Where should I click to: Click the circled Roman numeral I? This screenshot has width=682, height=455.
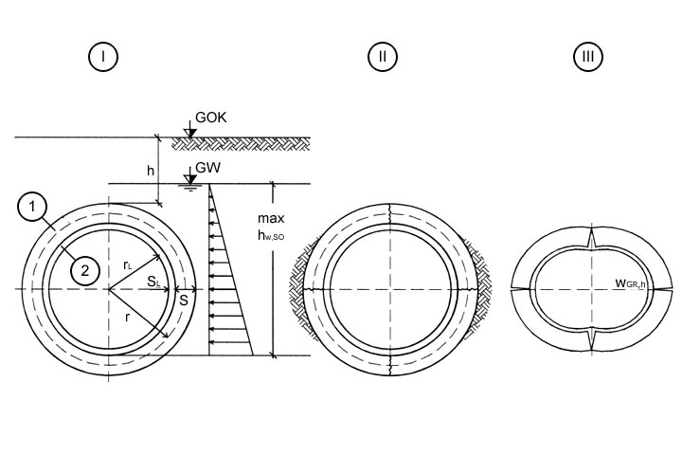point(102,58)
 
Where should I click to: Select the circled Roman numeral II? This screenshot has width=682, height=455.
point(381,58)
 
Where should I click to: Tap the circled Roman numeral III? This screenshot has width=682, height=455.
point(588,58)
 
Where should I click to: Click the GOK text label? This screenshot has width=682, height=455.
point(210,118)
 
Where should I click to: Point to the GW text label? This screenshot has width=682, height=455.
point(206,171)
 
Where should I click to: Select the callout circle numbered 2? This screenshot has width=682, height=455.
point(85,271)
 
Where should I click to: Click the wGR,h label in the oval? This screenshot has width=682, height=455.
point(626,282)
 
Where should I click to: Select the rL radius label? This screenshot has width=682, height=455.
point(128,266)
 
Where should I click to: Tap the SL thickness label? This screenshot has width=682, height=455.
point(153,282)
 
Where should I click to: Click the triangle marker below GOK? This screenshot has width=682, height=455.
point(189,133)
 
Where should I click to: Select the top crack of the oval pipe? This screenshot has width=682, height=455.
point(588,238)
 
